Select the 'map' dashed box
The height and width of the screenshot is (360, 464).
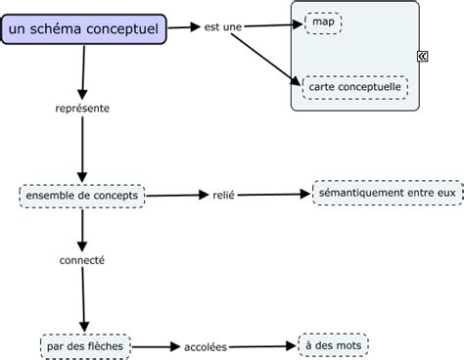coord(323,22)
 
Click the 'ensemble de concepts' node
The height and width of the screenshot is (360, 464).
coord(83,196)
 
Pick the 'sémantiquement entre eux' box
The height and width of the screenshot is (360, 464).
coord(386,194)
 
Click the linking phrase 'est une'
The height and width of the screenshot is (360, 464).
coord(222,27)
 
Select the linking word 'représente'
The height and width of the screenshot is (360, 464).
coord(82,108)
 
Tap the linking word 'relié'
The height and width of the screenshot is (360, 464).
coord(224,195)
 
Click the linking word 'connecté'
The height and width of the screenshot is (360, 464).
coord(82,261)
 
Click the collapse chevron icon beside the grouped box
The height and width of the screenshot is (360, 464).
coord(423,56)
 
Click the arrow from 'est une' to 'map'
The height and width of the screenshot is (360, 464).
coord(273,25)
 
